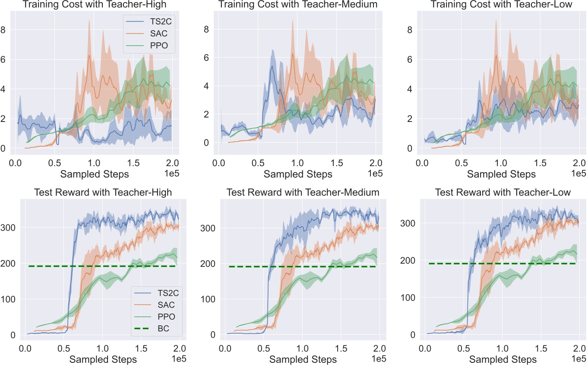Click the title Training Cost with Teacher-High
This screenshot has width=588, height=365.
(94, 5)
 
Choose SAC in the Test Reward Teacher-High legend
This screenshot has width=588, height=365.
(162, 305)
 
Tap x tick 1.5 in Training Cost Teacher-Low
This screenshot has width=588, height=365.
(540, 163)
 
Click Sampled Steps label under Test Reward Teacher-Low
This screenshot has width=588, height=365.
(503, 359)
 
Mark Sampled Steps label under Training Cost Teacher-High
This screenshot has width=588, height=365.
(94, 174)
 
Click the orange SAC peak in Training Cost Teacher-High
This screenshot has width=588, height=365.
(89, 55)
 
